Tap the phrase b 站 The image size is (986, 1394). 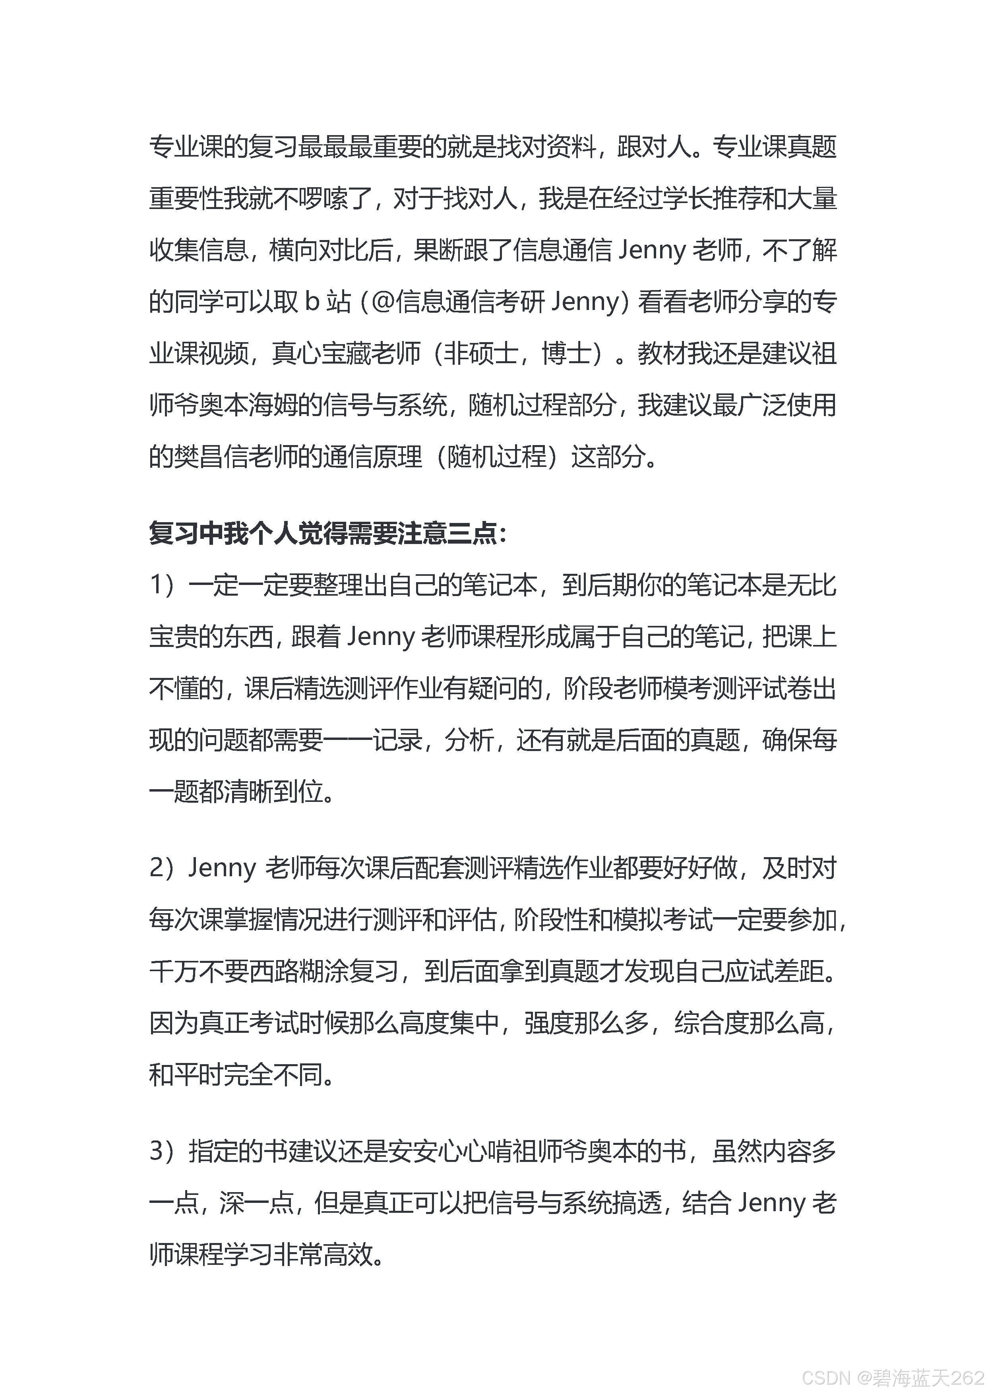click(328, 302)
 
